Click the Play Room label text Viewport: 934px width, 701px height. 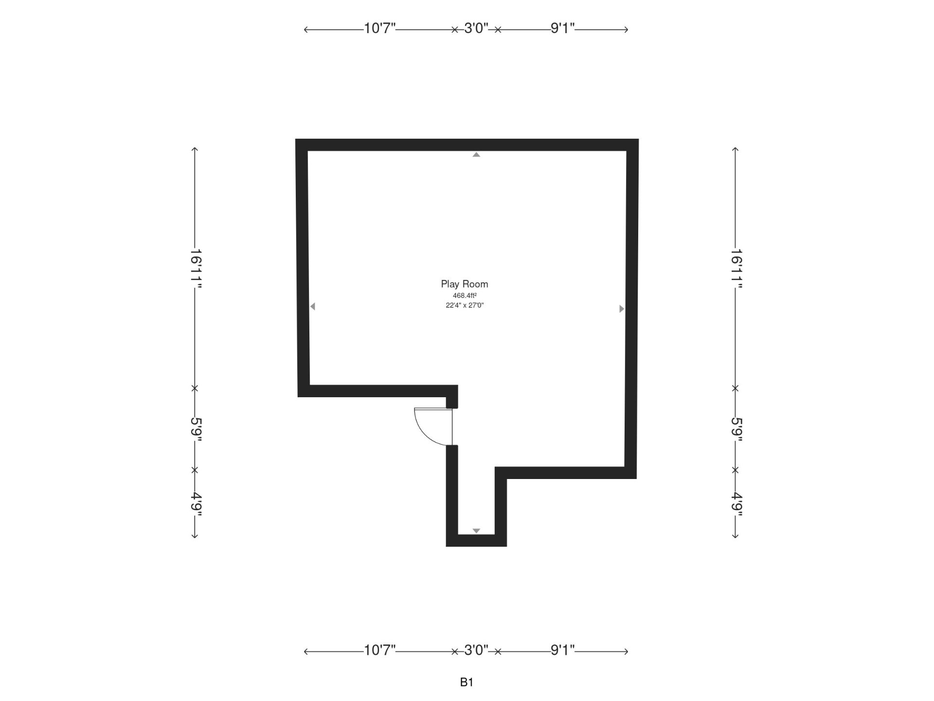[x=464, y=284]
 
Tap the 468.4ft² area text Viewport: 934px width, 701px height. [x=465, y=295]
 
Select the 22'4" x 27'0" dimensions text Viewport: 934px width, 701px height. [x=465, y=305]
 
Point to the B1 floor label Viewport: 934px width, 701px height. [x=467, y=683]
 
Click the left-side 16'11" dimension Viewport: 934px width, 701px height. [x=196, y=268]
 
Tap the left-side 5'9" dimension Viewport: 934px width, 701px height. [x=196, y=429]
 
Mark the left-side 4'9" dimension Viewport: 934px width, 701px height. [x=196, y=504]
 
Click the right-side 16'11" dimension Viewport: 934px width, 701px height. [x=736, y=268]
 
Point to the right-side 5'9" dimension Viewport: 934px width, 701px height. [x=736, y=429]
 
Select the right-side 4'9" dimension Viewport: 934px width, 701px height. [x=736, y=504]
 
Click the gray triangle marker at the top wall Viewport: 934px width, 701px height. [x=476, y=155]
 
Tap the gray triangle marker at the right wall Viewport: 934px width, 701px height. [x=621, y=309]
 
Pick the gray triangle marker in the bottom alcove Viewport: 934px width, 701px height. [x=476, y=531]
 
